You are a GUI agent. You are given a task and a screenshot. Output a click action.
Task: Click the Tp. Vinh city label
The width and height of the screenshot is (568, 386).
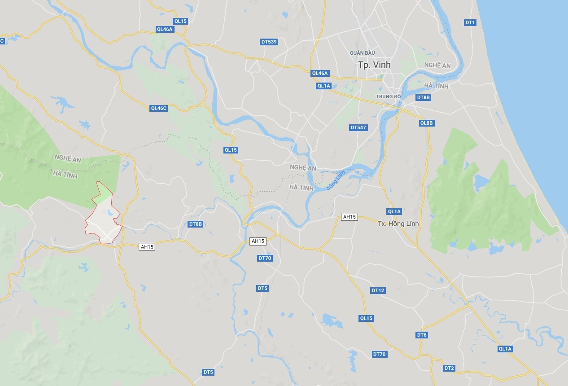[374, 65]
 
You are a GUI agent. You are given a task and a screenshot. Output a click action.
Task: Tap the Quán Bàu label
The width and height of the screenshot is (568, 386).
[363, 53]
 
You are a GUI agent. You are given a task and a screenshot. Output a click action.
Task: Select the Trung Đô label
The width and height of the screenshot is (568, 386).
[388, 96]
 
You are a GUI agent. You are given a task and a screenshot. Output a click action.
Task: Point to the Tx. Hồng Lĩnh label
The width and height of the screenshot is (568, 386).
[398, 224]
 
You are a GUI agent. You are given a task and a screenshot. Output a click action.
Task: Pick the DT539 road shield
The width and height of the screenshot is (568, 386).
[269, 42]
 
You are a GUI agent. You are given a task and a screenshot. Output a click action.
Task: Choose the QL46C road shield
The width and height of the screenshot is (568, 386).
[159, 108]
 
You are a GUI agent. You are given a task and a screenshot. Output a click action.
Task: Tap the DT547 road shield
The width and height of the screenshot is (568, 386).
[358, 127]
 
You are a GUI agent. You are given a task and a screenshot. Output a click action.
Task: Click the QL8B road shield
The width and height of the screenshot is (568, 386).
[427, 123]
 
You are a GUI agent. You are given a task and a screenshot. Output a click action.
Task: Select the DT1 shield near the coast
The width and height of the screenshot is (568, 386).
[470, 22]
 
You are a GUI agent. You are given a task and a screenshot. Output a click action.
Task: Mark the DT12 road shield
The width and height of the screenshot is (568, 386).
[378, 290]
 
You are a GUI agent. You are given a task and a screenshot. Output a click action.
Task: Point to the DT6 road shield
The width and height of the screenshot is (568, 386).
[422, 335]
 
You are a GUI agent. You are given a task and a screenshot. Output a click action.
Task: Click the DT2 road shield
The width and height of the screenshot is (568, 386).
[449, 368]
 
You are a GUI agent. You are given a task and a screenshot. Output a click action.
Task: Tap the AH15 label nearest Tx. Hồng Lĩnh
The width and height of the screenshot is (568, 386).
[349, 217]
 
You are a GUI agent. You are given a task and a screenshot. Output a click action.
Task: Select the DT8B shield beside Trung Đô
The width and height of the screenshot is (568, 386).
[423, 97]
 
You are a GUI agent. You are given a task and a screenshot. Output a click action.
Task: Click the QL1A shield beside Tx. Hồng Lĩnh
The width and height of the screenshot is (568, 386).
[394, 211]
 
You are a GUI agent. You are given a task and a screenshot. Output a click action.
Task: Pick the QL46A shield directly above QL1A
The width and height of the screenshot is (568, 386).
[320, 73]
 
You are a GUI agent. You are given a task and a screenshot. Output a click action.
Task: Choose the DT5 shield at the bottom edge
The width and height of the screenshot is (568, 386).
[208, 372]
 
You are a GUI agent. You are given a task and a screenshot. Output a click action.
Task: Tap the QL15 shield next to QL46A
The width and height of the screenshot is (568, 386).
[180, 21]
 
